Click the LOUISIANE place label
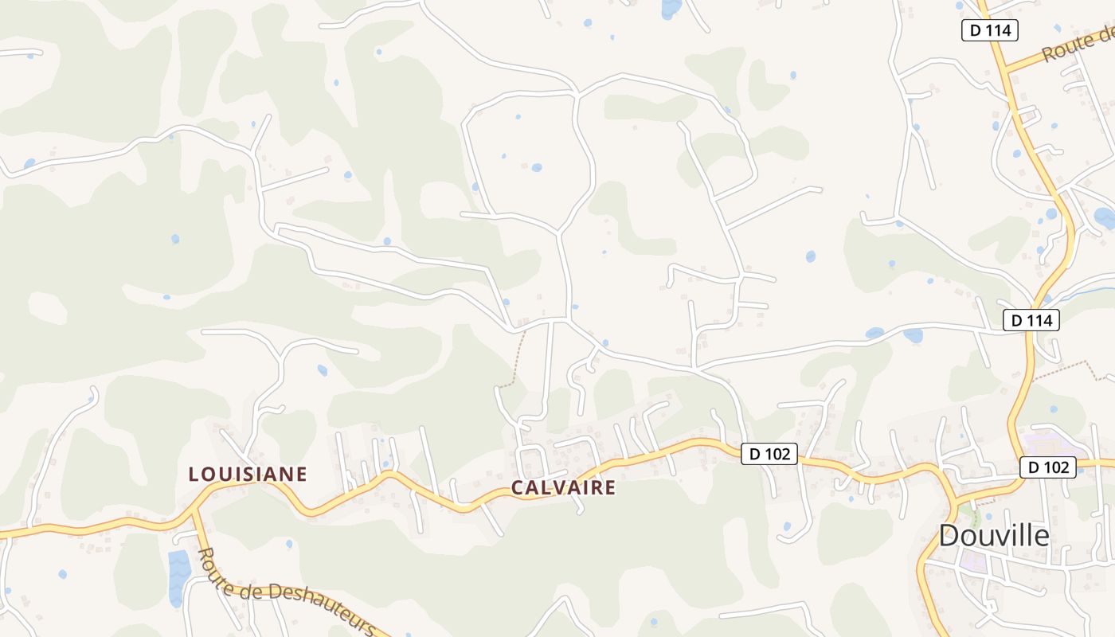(248, 475)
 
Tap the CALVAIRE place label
(563, 487)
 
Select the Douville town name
(994, 536)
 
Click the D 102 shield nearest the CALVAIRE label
(769, 454)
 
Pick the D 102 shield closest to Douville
(1048, 467)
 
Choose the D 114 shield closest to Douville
(1031, 320)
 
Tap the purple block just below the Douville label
(973, 562)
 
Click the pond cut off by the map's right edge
(1105, 216)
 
